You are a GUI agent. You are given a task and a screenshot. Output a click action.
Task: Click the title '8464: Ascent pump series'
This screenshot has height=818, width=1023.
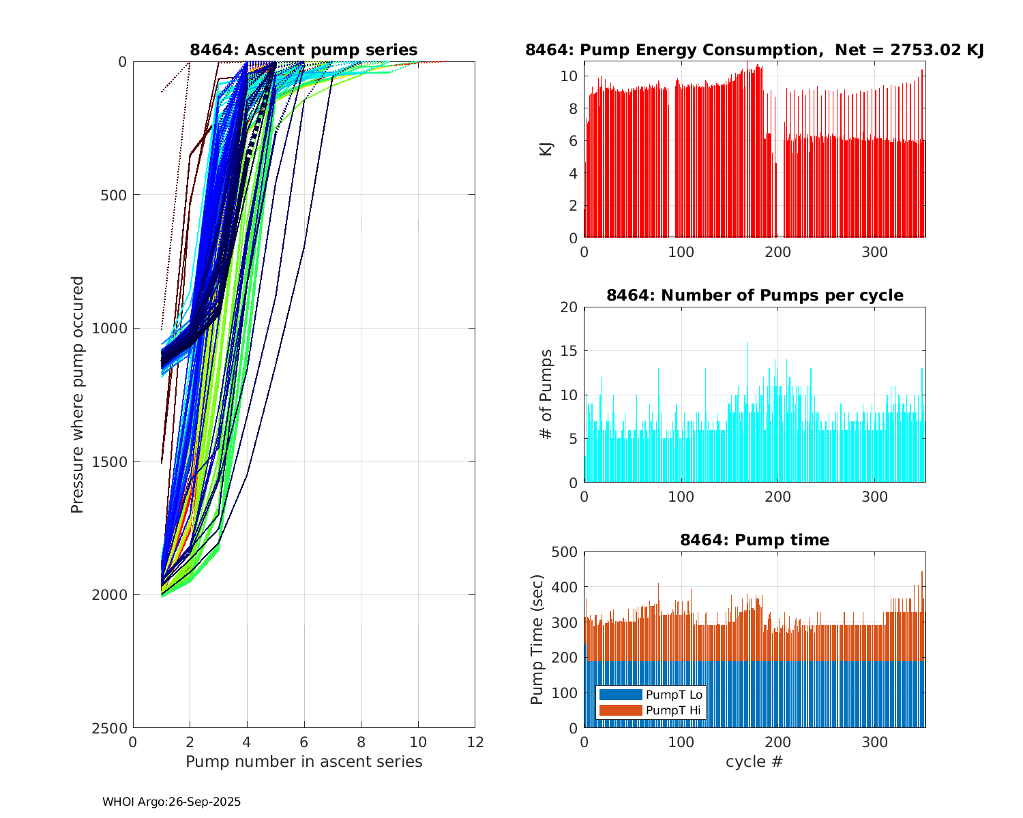(x=303, y=50)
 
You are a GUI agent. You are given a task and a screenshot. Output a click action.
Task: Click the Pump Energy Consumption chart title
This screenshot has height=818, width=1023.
(x=754, y=50)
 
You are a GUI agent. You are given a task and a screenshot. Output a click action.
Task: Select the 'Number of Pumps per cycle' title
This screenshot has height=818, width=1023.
(x=754, y=295)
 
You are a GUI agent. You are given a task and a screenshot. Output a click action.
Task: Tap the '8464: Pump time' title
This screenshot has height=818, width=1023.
(x=754, y=540)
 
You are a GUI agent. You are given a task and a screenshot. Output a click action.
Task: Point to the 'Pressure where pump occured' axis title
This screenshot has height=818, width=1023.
(x=77, y=395)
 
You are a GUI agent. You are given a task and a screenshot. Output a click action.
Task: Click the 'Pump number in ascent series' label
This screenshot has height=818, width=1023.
(x=303, y=761)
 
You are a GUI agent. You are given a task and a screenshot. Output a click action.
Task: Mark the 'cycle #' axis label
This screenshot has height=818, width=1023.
(x=754, y=761)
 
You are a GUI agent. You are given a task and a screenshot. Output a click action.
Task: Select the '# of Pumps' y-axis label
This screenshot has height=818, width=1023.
(x=546, y=394)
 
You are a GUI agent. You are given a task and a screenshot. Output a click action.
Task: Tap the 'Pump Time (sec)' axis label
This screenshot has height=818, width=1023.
(x=537, y=639)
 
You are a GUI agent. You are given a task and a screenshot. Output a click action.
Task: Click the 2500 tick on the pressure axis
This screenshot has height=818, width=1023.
(x=113, y=728)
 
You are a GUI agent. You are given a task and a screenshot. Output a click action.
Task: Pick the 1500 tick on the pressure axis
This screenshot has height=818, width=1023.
(x=113, y=461)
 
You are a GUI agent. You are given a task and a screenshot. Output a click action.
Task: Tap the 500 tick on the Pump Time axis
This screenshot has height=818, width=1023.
(x=565, y=552)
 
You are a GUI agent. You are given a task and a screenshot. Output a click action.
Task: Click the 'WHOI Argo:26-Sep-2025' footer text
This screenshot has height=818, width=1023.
(x=171, y=802)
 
